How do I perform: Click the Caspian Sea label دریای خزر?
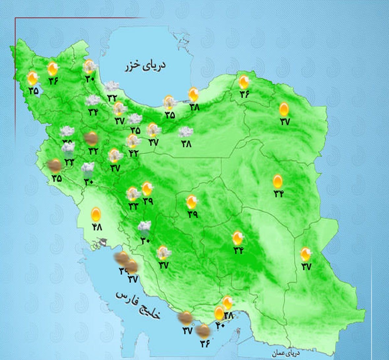tap(145, 65)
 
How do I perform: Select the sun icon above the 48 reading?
tap(96, 214)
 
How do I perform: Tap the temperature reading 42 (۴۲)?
tap(133, 153)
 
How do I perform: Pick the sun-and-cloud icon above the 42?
tap(133, 141)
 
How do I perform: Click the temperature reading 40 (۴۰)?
tap(220, 325)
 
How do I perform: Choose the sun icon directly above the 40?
tap(219, 313)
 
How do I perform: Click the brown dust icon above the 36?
tap(202, 331)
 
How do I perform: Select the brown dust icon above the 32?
tap(91, 138)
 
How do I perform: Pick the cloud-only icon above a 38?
tap(186, 132)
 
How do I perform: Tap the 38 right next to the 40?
tap(228, 316)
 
